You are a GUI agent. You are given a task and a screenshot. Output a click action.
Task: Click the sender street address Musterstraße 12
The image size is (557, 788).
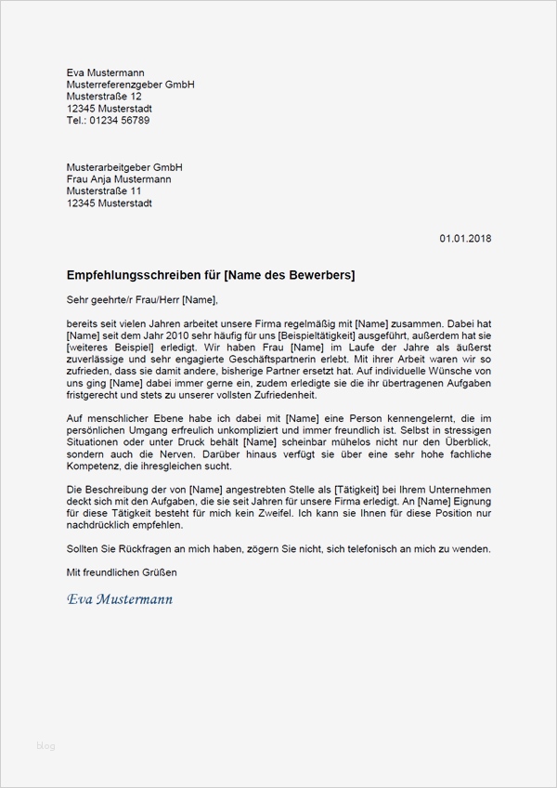[x=104, y=97]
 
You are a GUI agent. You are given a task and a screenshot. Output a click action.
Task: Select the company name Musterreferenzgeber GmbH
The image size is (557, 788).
[x=130, y=85]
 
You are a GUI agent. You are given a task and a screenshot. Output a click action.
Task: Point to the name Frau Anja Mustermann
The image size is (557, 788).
[x=119, y=179]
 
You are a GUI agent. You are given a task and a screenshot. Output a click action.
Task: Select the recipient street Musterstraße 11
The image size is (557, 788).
[x=104, y=191]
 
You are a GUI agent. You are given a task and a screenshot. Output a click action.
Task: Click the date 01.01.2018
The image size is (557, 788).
[x=465, y=239]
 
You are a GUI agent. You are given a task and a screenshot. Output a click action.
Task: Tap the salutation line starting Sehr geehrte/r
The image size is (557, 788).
[x=142, y=299]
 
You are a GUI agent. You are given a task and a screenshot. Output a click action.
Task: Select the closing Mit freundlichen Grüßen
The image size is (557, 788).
[x=122, y=573]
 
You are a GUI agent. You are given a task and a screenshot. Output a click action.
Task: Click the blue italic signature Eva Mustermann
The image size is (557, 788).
[x=120, y=599]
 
